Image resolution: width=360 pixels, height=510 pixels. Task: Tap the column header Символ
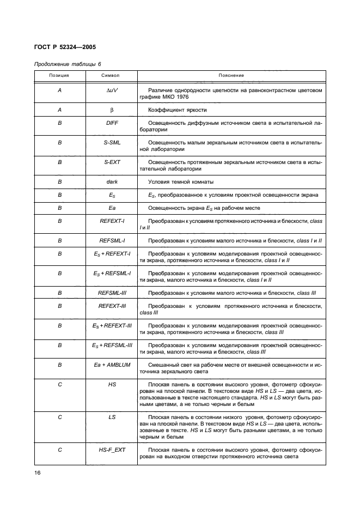coord(112,76)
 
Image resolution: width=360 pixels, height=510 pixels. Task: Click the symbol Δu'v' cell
coord(112,90)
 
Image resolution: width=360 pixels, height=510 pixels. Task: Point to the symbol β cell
coord(112,110)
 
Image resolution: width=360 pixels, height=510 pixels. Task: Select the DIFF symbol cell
coord(112,124)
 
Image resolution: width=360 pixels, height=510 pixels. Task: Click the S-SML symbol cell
coord(112,143)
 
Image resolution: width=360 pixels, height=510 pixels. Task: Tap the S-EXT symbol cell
coord(112,162)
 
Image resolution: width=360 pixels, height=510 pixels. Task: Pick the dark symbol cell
coord(112,181)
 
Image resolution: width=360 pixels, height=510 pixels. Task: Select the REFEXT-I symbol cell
coord(112,221)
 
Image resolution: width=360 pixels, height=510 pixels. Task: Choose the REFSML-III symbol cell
coord(112,293)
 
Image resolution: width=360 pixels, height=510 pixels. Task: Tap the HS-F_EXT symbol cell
coord(112,450)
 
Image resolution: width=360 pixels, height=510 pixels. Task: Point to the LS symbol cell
coord(112,417)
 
